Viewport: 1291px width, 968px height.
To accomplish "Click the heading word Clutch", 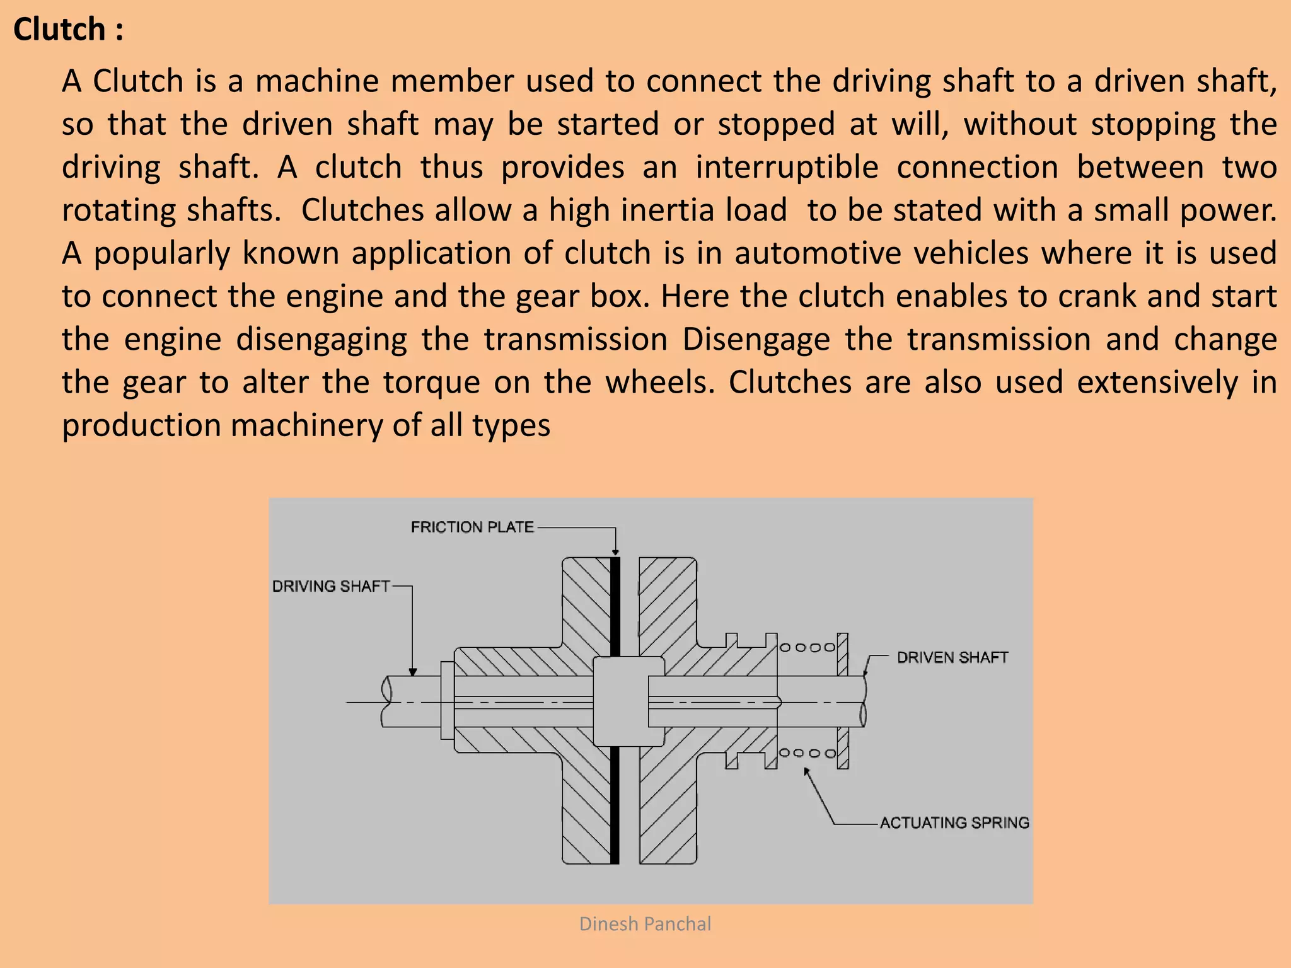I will pos(59,30).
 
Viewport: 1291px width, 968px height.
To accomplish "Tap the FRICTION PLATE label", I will pos(472,527).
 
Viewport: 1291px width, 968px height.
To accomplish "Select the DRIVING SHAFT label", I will pos(331,586).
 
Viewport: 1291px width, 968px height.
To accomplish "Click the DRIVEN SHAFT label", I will pos(952,657).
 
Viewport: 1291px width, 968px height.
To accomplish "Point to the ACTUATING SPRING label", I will pos(954,822).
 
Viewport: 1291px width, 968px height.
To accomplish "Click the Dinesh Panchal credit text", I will pos(645,924).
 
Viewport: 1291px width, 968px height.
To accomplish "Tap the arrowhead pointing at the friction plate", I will pos(615,552).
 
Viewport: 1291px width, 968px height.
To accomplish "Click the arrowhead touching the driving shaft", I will pos(412,672).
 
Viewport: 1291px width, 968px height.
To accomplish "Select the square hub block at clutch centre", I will pos(628,701).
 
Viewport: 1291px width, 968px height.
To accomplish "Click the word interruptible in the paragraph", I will pos(787,167).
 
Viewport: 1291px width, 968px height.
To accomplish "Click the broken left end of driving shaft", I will pos(386,701).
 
